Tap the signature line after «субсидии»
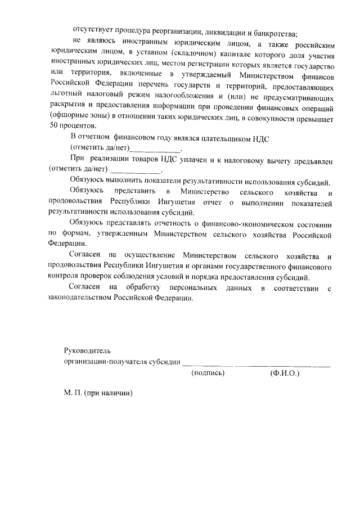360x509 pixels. [256, 364]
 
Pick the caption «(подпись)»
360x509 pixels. [208, 373]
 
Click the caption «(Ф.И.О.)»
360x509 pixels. [285, 373]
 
